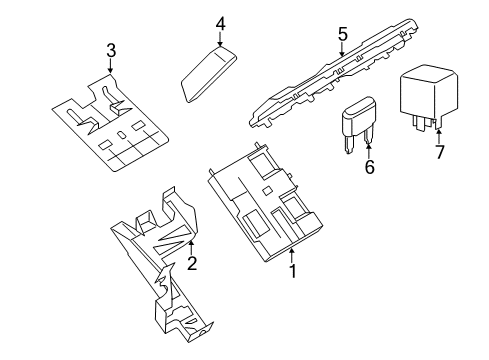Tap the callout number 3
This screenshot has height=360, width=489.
111,50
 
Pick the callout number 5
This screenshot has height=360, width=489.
342,35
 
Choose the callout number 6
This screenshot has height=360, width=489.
368,168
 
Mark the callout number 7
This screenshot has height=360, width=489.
436,153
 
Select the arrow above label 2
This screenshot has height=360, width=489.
191,245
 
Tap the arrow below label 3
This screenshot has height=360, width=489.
111,67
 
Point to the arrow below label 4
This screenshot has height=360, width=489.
220,38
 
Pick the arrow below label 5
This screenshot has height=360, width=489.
342,52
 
